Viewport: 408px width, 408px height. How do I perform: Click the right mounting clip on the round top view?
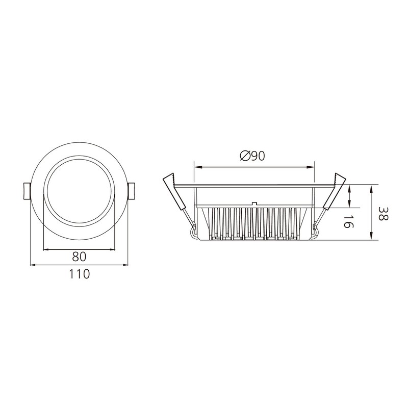click(x=131, y=191)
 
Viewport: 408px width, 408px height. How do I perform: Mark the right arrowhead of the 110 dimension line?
click(x=125, y=265)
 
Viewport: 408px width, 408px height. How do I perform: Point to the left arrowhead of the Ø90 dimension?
click(x=197, y=166)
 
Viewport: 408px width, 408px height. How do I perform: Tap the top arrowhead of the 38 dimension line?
click(x=372, y=187)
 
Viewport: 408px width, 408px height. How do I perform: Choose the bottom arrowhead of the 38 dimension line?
click(x=372, y=237)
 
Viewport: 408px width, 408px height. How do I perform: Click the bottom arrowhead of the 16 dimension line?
click(x=349, y=205)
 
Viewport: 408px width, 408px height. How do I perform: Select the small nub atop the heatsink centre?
click(x=253, y=202)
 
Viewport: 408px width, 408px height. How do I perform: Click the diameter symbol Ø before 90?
click(x=244, y=156)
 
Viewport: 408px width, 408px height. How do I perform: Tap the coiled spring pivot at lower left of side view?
click(x=194, y=233)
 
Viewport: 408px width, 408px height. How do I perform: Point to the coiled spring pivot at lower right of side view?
click(x=315, y=233)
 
